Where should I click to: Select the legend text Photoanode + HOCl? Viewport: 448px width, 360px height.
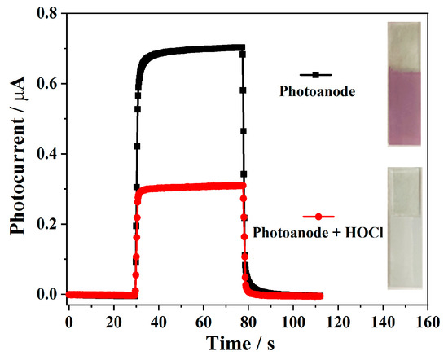(318, 233)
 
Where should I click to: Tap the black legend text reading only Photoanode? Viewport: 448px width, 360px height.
(308, 92)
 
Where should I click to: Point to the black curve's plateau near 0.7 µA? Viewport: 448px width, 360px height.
(195, 50)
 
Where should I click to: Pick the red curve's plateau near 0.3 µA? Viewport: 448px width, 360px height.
(195, 187)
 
